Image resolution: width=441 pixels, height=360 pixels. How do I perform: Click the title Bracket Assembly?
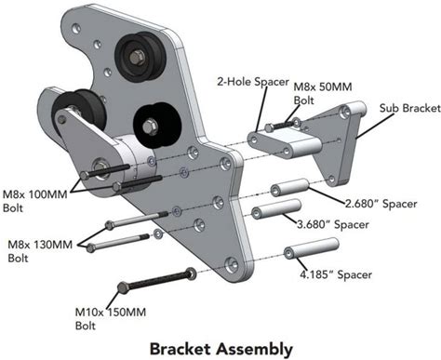(x=221, y=350)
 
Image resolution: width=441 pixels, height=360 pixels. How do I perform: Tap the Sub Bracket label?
(x=410, y=108)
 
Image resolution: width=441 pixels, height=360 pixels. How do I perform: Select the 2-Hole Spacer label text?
(x=253, y=82)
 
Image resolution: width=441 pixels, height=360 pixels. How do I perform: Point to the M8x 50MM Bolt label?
(x=323, y=93)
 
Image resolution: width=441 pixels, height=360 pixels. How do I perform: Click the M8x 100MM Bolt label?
(x=34, y=201)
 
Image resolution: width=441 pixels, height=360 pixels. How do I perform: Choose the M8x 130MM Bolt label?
(x=40, y=251)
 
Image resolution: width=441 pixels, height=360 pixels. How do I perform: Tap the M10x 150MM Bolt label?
(x=111, y=318)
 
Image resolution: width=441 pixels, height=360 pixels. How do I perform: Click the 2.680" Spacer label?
(x=381, y=204)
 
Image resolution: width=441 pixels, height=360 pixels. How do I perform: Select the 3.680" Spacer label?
(x=333, y=224)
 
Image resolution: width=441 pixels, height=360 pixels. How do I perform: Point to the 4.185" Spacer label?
(x=336, y=274)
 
